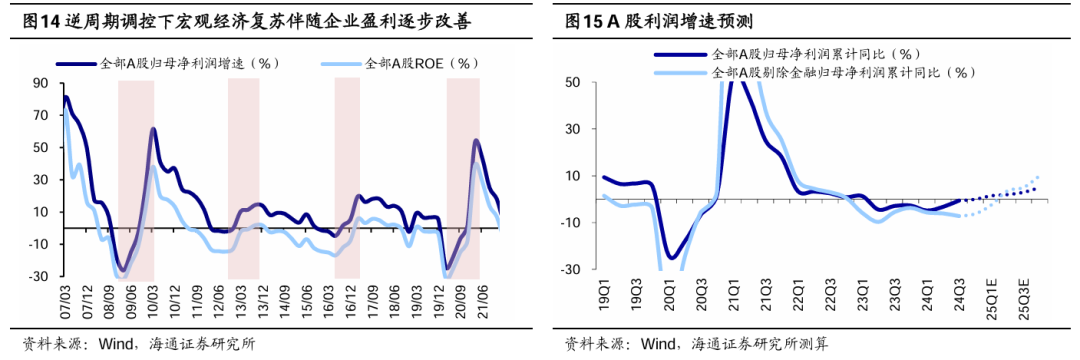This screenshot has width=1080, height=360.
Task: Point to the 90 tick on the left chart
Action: (43, 83)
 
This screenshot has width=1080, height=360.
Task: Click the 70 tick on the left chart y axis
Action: (43, 115)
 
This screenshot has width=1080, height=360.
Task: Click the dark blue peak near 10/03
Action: (154, 129)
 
